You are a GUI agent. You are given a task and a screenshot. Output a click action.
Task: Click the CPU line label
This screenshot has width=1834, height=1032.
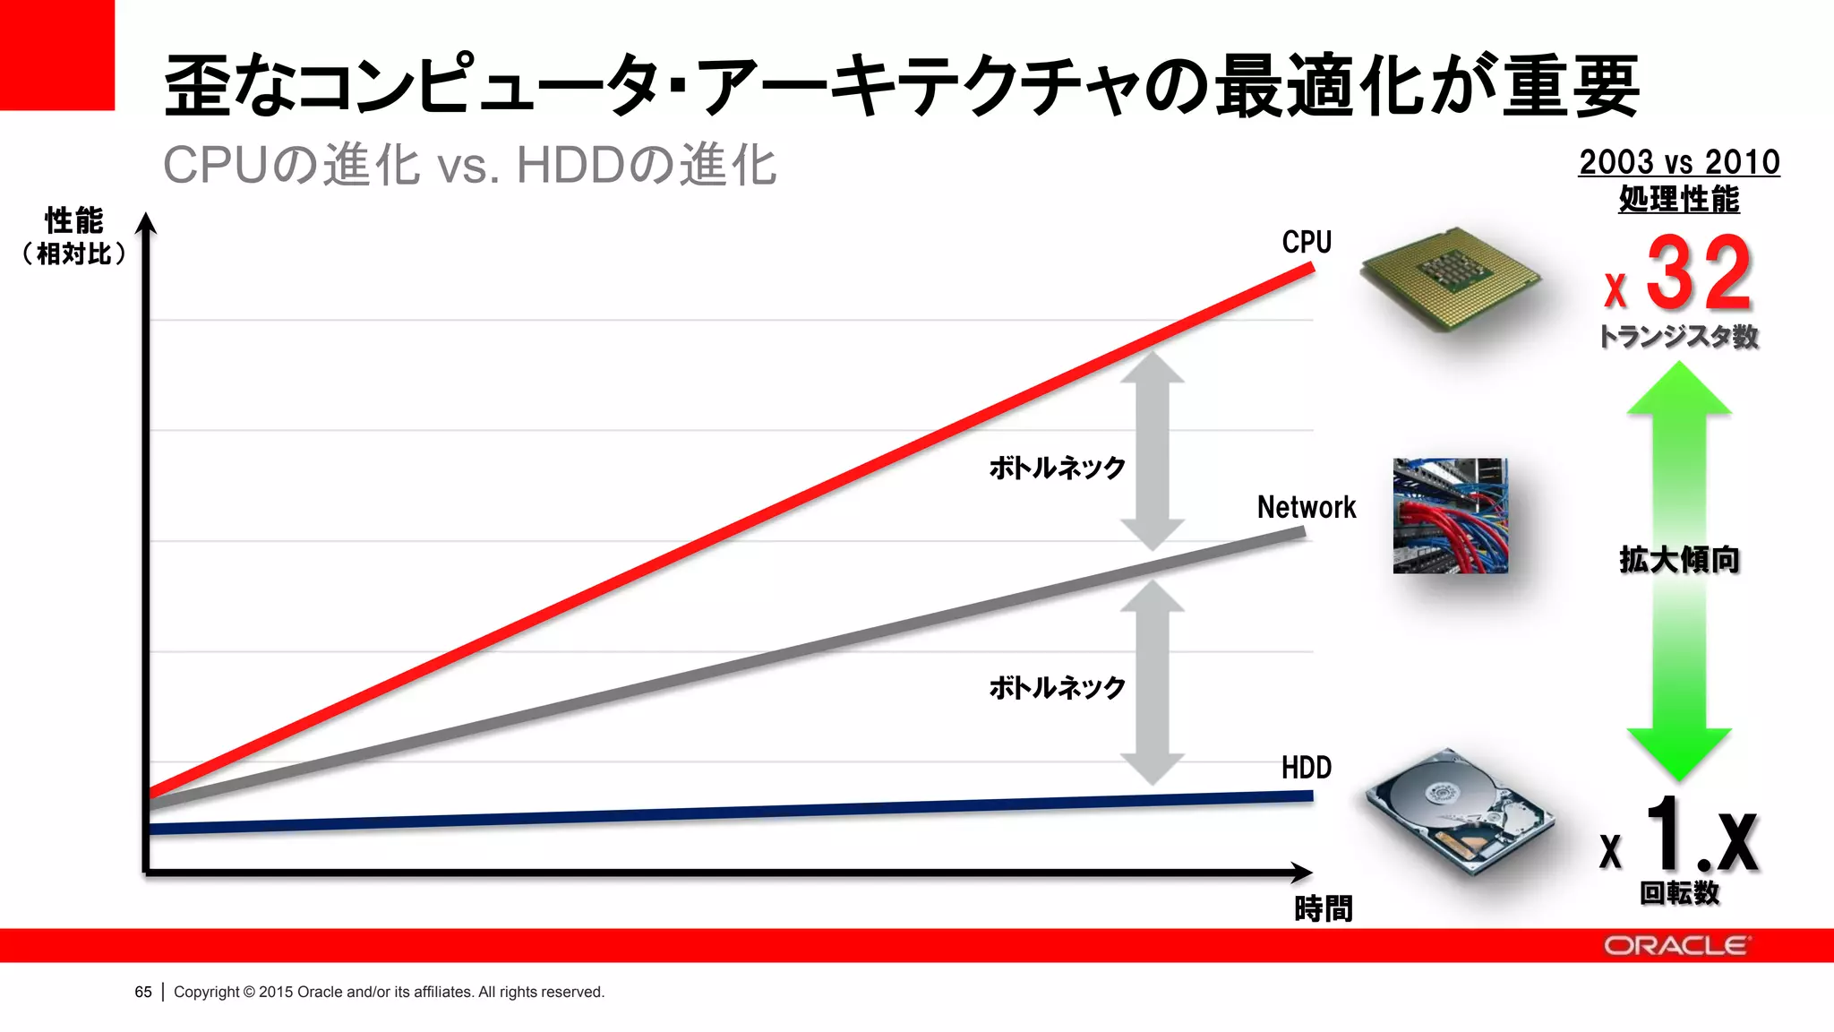point(1307,242)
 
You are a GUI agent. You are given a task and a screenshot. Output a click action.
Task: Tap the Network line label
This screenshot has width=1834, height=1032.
point(1307,507)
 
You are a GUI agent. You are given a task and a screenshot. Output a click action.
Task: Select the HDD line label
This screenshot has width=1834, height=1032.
point(1307,768)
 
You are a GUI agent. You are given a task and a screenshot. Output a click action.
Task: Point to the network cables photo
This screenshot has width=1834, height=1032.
point(1450,516)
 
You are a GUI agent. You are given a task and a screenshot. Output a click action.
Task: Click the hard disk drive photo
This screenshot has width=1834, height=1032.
point(1459,811)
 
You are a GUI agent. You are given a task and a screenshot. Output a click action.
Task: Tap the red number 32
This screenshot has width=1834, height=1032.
point(1698,273)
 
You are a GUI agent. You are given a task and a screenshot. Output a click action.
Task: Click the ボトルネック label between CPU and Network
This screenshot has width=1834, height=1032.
point(1057,468)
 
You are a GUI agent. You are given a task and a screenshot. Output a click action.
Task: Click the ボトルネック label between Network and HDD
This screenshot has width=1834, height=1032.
point(1057,688)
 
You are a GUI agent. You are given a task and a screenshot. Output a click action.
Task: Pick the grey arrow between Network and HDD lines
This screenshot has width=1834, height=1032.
point(1153,683)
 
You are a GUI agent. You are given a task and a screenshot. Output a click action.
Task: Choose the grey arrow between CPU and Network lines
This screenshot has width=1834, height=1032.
point(1153,451)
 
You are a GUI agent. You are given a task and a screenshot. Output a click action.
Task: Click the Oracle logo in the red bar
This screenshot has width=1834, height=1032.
point(1675,946)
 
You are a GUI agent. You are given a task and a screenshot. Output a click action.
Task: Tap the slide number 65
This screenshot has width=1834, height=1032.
point(143,992)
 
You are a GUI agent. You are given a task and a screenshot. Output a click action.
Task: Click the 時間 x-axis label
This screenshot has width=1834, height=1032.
point(1323,909)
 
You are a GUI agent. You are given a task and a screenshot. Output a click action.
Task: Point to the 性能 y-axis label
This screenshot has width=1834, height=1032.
point(74,220)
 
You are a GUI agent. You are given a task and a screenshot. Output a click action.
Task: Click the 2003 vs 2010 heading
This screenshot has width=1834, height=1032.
point(1679,163)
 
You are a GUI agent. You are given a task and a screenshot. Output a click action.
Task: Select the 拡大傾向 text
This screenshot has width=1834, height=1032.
point(1679,560)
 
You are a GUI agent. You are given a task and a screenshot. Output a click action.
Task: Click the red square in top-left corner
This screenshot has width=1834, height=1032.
point(56,55)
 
